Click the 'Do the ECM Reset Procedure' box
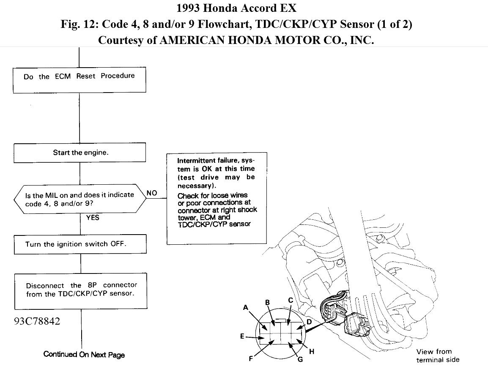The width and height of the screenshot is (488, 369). pyautogui.click(x=80, y=77)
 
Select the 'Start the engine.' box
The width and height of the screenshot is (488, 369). pyautogui.click(x=80, y=153)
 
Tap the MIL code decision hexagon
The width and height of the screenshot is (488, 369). pyautogui.click(x=80, y=199)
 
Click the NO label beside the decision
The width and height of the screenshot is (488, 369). pyautogui.click(x=152, y=193)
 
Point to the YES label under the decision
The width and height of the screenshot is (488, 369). pyautogui.click(x=93, y=218)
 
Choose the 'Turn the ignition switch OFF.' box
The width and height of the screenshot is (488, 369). pyautogui.click(x=80, y=244)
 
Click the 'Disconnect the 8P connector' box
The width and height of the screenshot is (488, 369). pyautogui.click(x=80, y=290)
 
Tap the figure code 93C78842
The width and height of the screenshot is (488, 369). pyautogui.click(x=36, y=321)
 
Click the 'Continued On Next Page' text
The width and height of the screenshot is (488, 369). pyautogui.click(x=84, y=354)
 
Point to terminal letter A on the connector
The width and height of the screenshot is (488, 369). pyautogui.click(x=246, y=308)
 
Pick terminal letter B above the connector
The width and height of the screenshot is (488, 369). pyautogui.click(x=267, y=302)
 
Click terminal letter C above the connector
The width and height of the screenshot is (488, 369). pyautogui.click(x=291, y=301)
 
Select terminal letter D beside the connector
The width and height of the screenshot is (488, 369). pyautogui.click(x=309, y=322)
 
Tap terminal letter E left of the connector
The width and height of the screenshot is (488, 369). pyautogui.click(x=242, y=337)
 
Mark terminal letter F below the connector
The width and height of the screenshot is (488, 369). pyautogui.click(x=251, y=359)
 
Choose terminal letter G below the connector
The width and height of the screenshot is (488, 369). pyautogui.click(x=300, y=360)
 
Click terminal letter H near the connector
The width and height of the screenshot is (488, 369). pyautogui.click(x=312, y=351)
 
